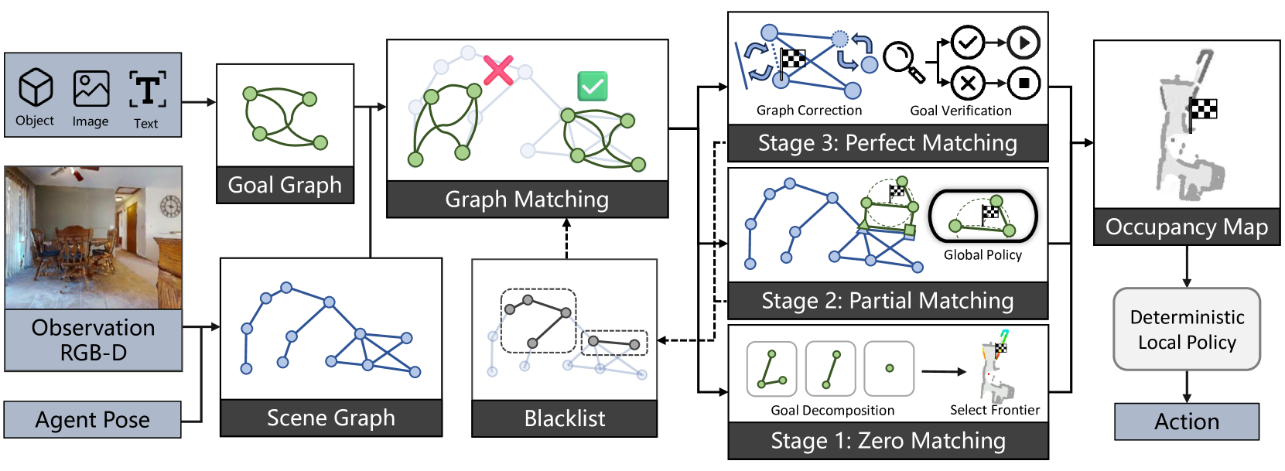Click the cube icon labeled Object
click(36, 87)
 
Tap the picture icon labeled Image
click(91, 88)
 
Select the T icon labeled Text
click(147, 90)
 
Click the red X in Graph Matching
click(498, 70)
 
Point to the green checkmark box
click(593, 86)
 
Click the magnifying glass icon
click(904, 61)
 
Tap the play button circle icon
click(1024, 43)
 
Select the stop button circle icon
click(1024, 83)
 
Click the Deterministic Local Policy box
click(1187, 329)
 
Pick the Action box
click(1187, 422)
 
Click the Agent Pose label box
click(93, 420)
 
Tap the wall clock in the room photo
click(169, 206)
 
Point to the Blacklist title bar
click(565, 418)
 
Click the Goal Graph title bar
click(285, 186)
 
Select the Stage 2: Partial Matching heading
click(887, 301)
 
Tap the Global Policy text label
click(983, 255)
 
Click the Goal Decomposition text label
click(832, 411)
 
